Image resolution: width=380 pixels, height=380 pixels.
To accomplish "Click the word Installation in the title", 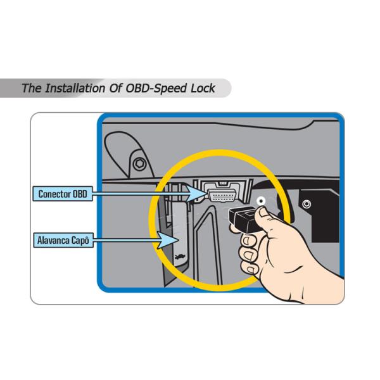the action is [75, 88].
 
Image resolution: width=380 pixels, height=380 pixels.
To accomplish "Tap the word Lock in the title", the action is [203, 88].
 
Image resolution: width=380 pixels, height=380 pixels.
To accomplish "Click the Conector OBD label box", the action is [63, 194].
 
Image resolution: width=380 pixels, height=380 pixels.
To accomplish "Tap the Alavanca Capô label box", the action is [63, 240].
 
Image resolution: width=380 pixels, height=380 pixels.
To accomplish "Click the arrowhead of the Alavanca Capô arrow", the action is [168, 240].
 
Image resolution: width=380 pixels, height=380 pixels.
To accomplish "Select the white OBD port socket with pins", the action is [222, 195].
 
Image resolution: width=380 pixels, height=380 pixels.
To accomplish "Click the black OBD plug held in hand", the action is [244, 219].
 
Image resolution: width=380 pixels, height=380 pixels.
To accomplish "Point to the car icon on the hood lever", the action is [180, 256].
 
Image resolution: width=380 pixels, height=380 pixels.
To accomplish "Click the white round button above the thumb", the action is [261, 201].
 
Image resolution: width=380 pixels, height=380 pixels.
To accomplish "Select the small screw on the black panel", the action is [307, 204].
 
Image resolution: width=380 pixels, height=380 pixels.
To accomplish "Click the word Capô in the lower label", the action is [80, 240].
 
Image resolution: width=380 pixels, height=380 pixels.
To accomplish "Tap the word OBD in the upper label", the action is [80, 194].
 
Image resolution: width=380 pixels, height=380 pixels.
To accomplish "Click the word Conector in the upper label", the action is [54, 194].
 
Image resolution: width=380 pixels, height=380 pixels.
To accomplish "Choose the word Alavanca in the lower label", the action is [53, 241].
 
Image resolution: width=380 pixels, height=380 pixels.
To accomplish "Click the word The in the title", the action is [32, 88].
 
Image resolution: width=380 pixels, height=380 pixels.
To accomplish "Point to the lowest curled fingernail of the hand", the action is [251, 270].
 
